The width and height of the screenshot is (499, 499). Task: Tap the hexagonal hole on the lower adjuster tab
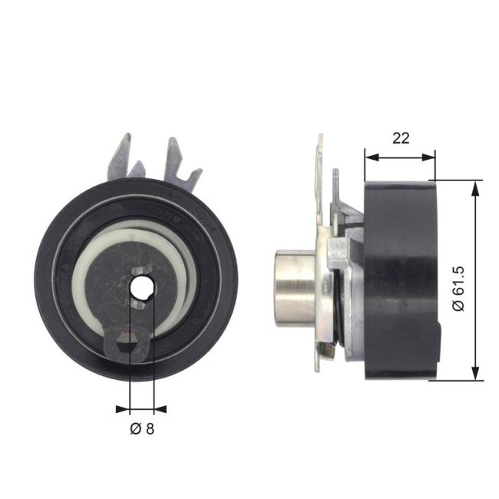[127, 345]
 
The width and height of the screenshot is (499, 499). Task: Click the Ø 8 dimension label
[142, 429]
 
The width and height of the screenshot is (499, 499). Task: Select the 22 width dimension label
[400, 138]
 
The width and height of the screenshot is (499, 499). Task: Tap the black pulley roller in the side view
[399, 280]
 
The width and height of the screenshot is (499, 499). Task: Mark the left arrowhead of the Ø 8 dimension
[123, 408]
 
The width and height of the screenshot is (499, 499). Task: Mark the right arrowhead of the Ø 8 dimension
[160, 408]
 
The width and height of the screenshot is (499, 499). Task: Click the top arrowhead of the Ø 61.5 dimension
[477, 187]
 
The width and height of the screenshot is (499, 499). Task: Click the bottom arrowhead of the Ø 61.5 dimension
[477, 374]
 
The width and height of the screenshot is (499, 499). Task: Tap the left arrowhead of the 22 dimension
[370, 157]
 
